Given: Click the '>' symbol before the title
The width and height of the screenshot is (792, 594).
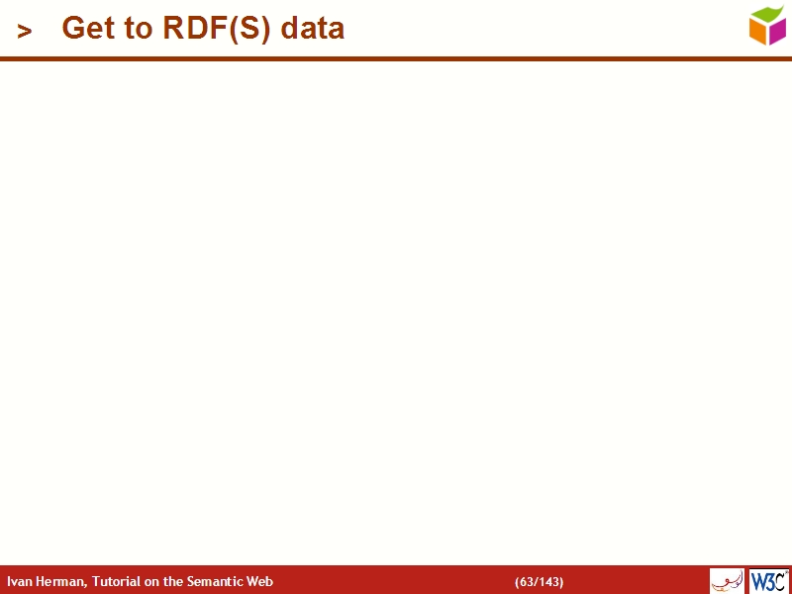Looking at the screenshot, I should tap(25, 32).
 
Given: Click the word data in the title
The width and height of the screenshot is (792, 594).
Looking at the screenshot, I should tap(312, 29).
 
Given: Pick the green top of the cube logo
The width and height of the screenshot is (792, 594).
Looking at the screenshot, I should tap(767, 14).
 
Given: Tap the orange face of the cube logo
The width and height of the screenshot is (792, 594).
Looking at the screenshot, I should tap(759, 32).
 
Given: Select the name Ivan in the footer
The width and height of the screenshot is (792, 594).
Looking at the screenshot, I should tap(19, 582).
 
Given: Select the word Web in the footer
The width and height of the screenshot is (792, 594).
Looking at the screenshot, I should tap(260, 582).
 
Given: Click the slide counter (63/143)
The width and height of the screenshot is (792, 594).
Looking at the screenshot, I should tap(539, 582).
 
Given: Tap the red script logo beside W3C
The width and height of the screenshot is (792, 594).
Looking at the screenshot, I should tap(727, 581).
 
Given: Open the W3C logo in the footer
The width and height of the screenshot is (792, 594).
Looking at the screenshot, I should tap(769, 581).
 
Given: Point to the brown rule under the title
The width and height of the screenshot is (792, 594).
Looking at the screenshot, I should tap(396, 59).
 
